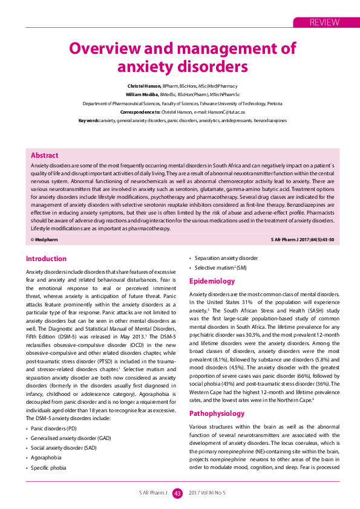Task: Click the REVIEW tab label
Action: click(x=324, y=22)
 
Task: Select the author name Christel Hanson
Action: click(x=144, y=86)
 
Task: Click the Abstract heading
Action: click(x=44, y=155)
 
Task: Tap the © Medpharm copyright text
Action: click(x=44, y=240)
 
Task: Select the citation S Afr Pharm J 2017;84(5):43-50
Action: click(x=303, y=240)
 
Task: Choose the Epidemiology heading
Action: click(x=212, y=281)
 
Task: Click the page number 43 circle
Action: click(x=178, y=493)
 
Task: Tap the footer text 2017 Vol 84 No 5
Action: click(x=207, y=493)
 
